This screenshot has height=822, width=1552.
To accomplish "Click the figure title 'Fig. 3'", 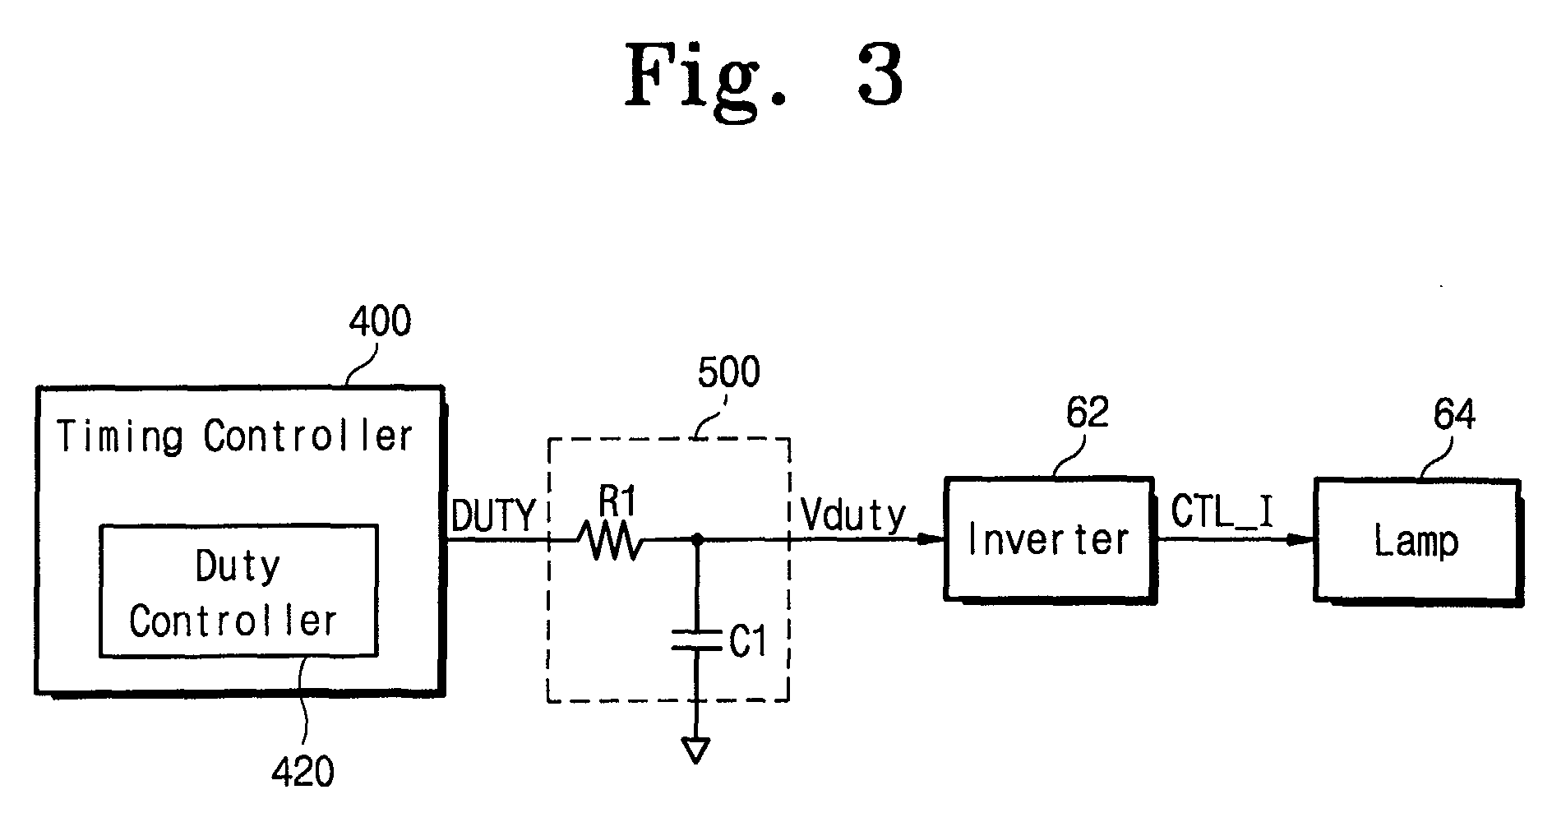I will click(x=764, y=78).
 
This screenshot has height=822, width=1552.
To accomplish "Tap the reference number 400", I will click(x=379, y=321).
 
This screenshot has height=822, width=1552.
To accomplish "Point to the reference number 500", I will click(x=728, y=372).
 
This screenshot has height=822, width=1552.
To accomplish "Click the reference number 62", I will click(x=1087, y=413).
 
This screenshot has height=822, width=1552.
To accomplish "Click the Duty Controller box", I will click(x=238, y=590).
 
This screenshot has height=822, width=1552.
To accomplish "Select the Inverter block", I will click(x=1049, y=539).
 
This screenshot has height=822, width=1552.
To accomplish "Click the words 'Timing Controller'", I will click(x=235, y=436).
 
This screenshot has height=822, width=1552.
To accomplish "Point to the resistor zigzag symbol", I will click(x=611, y=540).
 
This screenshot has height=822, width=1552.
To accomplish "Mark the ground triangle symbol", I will click(x=695, y=750).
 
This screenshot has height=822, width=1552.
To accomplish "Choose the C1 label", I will click(x=747, y=643).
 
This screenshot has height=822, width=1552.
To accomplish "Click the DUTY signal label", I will click(x=493, y=516).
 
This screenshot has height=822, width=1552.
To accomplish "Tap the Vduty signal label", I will click(x=853, y=516).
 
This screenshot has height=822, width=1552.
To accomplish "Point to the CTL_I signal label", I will click(x=1222, y=512).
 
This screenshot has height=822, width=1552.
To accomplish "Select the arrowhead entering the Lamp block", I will click(x=1299, y=540).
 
